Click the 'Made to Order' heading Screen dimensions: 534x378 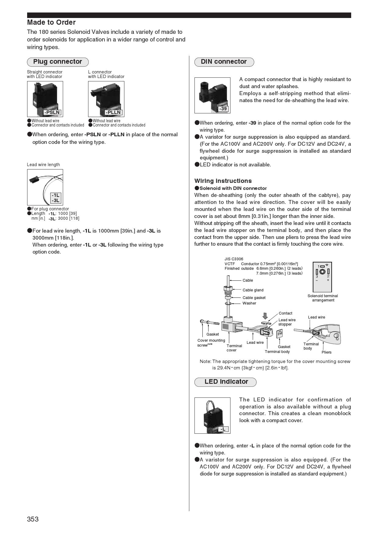pos(51,22)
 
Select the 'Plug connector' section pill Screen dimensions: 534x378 pos(58,62)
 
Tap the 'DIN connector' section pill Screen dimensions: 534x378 pos(224,62)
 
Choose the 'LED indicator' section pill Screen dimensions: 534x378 pos(226,382)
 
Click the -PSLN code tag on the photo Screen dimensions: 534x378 pos(52,112)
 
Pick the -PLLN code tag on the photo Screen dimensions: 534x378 pos(113,112)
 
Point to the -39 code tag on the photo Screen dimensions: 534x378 pos(223,109)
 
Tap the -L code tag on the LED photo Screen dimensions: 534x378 pos(223,429)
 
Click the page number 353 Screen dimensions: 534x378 pos(33,519)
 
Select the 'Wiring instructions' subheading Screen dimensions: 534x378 pos(223,181)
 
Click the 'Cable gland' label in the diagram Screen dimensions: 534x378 pos(253,290)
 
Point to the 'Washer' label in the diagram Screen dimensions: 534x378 pos(249,303)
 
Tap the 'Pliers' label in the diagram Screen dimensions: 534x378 pos(326,352)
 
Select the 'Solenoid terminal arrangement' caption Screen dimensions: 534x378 pos(323,298)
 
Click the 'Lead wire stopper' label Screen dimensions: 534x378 pos(287,322)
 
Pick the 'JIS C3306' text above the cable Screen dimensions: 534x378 pos(234,259)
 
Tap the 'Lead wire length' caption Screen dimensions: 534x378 pos(43,165)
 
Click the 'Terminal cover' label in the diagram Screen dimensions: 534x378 pos(234,348)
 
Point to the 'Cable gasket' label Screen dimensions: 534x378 pos(254,298)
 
